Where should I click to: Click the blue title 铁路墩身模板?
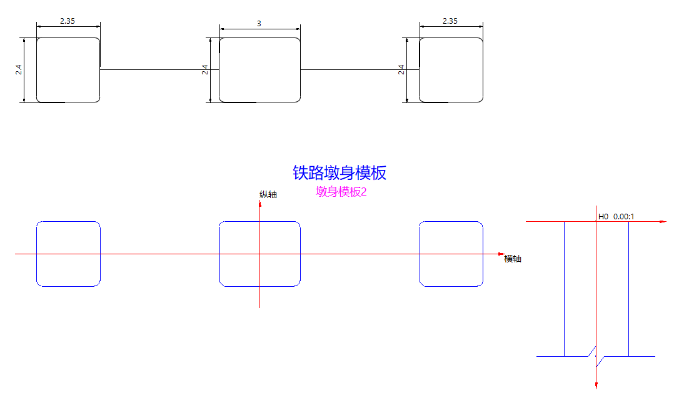pyautogui.click(x=340, y=172)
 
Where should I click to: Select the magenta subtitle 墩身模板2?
pyautogui.click(x=341, y=192)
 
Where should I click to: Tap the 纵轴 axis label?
pyautogui.click(x=268, y=194)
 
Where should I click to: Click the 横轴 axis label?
pyautogui.click(x=513, y=259)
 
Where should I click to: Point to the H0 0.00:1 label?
pyautogui.click(x=616, y=216)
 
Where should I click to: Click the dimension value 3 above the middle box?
pyautogui.click(x=259, y=23)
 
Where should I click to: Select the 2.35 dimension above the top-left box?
pyautogui.click(x=68, y=21)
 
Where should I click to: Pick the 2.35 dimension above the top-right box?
pyautogui.click(x=450, y=21)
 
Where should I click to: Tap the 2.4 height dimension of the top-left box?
pyautogui.click(x=19, y=70)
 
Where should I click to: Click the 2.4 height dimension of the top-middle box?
pyautogui.click(x=205, y=70)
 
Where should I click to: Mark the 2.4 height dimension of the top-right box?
pyautogui.click(x=401, y=70)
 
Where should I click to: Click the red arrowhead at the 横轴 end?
pyautogui.click(x=501, y=254)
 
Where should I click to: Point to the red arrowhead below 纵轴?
pyautogui.click(x=259, y=204)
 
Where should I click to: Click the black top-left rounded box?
pyautogui.click(x=68, y=70)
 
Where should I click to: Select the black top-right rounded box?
pyautogui.click(x=451, y=70)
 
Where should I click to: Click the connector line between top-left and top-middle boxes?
pyautogui.click(x=159, y=69)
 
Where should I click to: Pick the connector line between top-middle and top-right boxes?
pyautogui.click(x=360, y=69)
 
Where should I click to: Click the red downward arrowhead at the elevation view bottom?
pyautogui.click(x=596, y=384)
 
